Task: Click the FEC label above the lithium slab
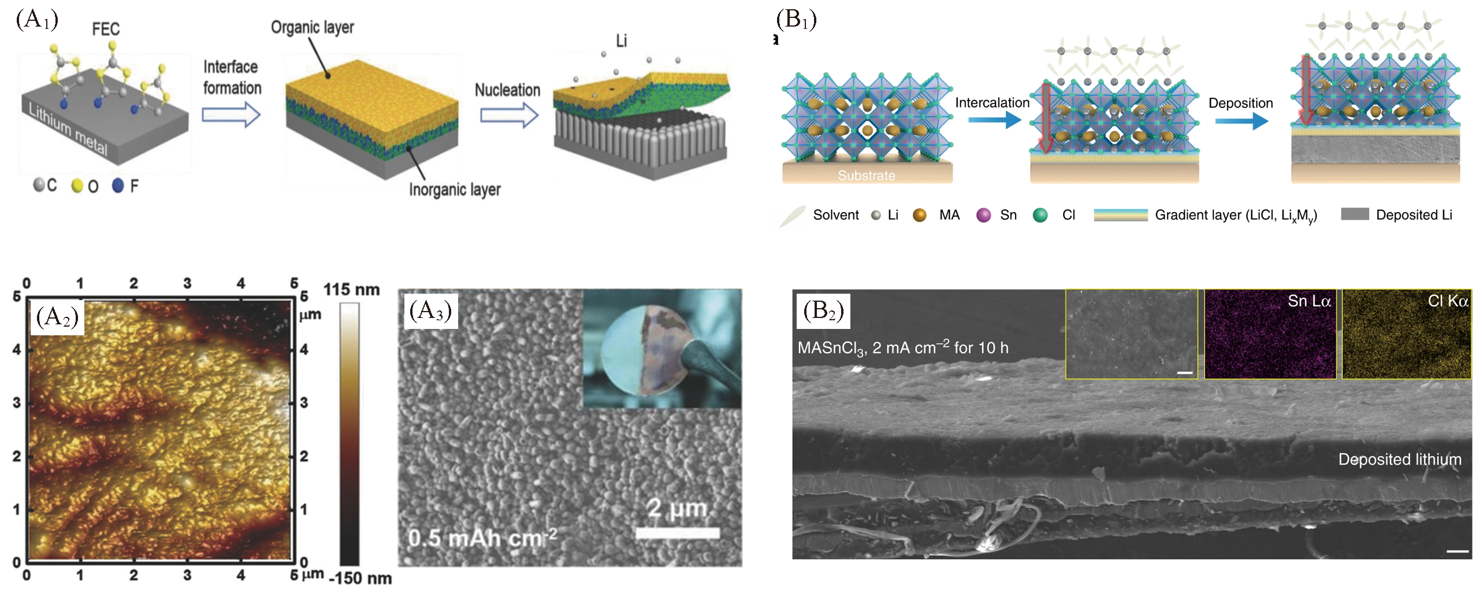[x=106, y=29]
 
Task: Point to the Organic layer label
[x=312, y=27]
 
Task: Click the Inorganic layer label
[x=455, y=190]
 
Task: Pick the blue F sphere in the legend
[x=118, y=186]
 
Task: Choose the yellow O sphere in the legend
[x=77, y=186]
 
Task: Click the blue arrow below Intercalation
[x=994, y=120]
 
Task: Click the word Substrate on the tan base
[x=866, y=175]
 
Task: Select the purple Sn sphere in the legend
[x=983, y=215]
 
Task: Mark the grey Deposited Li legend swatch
[x=1355, y=214]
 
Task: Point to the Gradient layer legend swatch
[x=1120, y=215]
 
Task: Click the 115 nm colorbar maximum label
[x=351, y=290]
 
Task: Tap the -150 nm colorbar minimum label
[x=360, y=578]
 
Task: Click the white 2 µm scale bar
[x=677, y=533]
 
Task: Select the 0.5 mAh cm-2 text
[x=482, y=538]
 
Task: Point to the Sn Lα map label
[x=1309, y=301]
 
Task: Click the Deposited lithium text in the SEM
[x=1399, y=459]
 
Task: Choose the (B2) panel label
[x=823, y=311]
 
